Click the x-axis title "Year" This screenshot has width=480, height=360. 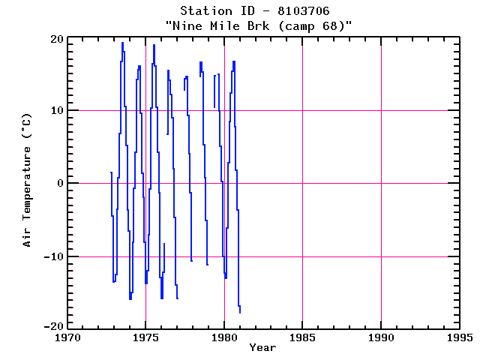262,347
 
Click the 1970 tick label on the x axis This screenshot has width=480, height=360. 67,337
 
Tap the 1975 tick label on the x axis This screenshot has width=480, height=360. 145,337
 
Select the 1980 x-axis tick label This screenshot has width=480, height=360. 224,337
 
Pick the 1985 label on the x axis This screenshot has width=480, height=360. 302,337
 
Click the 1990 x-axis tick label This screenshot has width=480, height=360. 381,337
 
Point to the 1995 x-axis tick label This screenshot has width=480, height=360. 459,337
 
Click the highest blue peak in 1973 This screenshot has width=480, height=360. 122,43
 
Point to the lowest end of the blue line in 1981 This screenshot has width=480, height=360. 240,312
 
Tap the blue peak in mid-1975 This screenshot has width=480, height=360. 154,46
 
